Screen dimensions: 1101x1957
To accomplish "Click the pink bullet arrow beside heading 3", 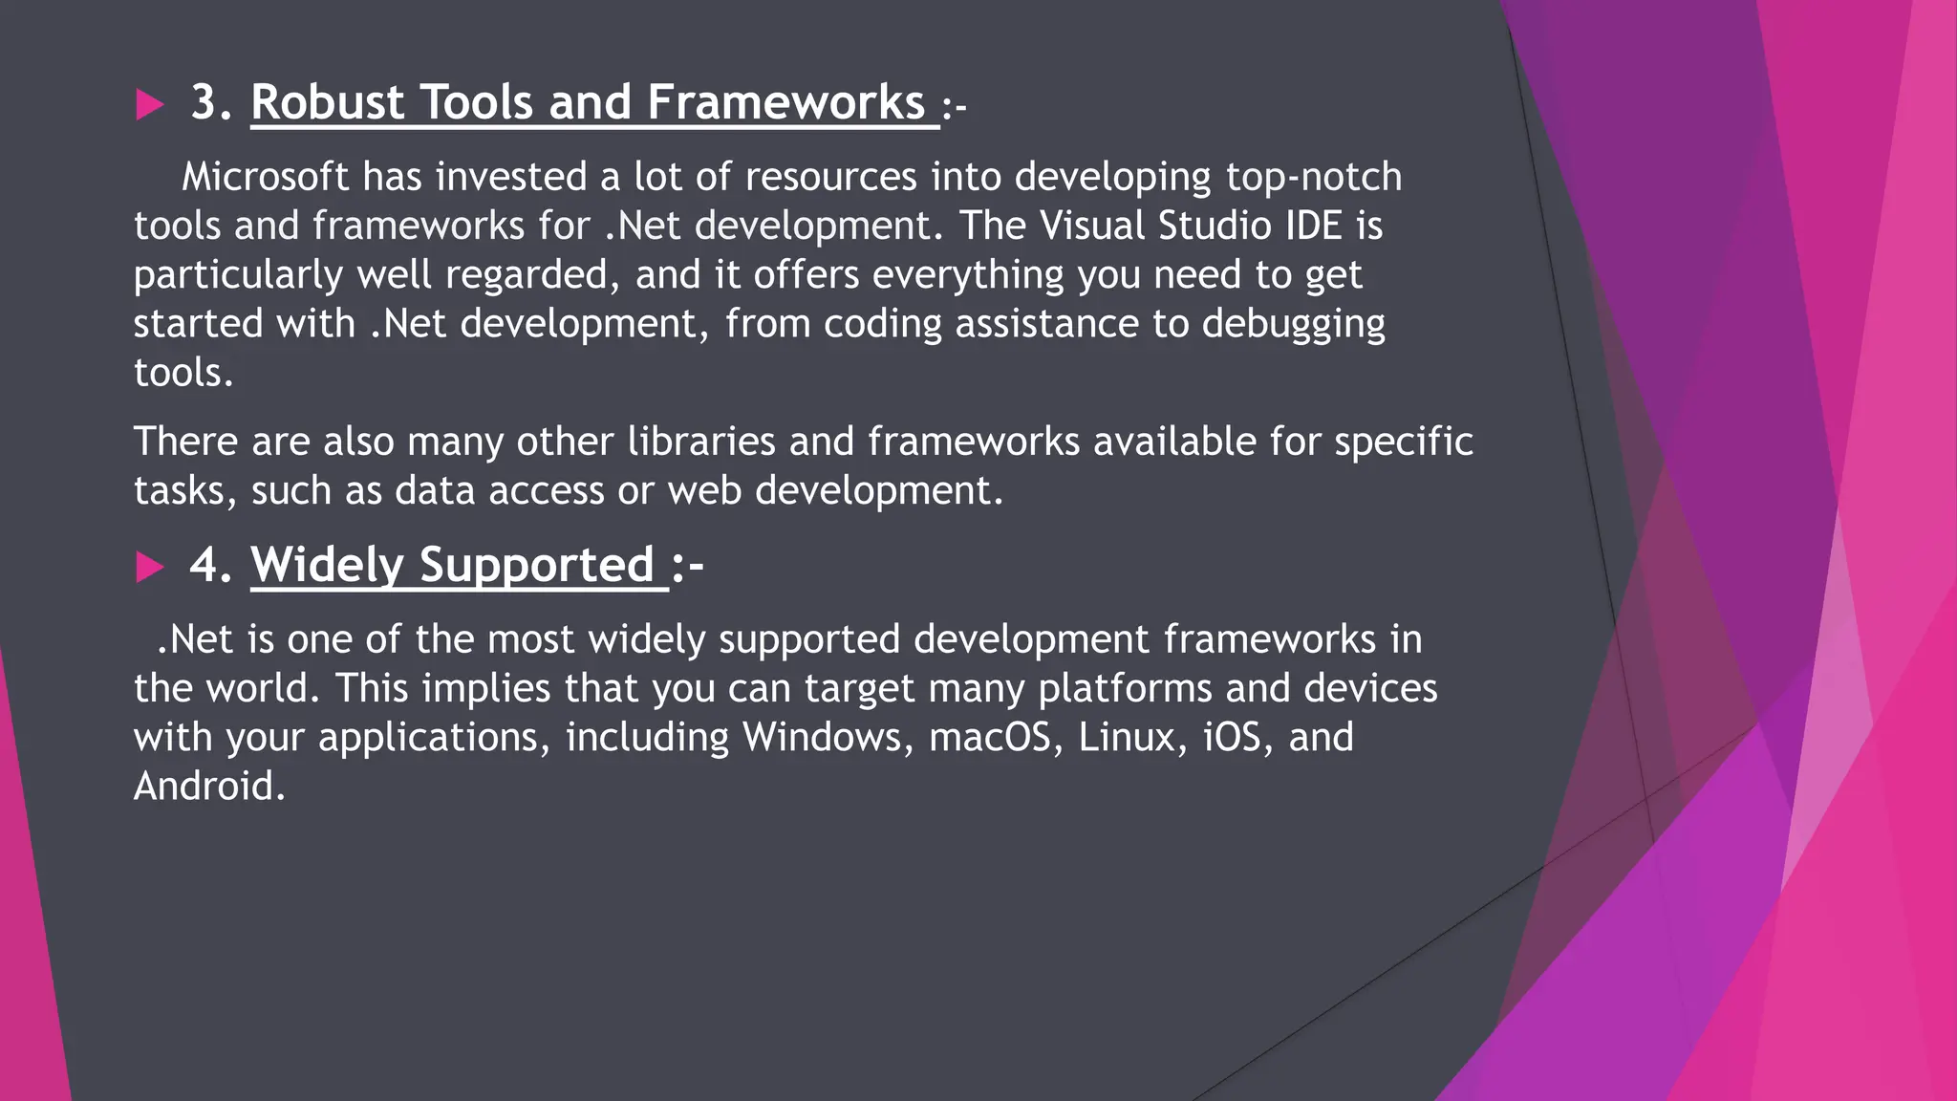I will tap(149, 104).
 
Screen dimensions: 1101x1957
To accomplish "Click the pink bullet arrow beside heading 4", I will tap(149, 567).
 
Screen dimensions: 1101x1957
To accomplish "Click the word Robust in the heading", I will tap(328, 102).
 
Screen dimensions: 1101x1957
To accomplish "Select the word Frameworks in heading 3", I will tap(785, 102).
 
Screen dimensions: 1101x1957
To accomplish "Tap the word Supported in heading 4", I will tap(536, 566).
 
